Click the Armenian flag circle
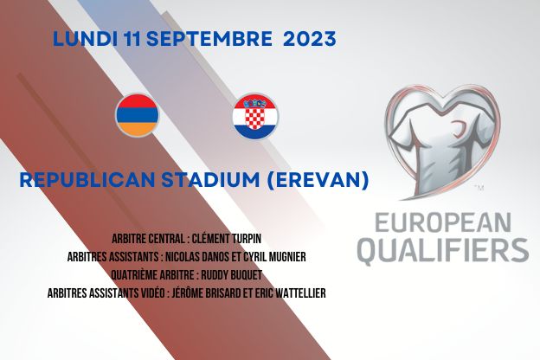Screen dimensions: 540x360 (x=138, y=115)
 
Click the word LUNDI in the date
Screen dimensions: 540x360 (x=85, y=39)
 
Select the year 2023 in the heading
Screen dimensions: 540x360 (x=309, y=39)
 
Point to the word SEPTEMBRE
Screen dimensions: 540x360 (x=209, y=39)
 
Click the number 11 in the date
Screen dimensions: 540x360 (x=132, y=39)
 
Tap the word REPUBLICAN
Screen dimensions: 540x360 (x=88, y=180)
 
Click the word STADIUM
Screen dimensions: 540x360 (x=210, y=180)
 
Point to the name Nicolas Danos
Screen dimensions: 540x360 (x=194, y=257)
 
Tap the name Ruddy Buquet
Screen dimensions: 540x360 (x=231, y=275)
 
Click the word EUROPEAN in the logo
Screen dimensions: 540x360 (x=442, y=223)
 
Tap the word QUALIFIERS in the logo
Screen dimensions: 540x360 (x=443, y=250)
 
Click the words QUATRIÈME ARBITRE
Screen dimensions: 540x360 (x=152, y=275)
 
